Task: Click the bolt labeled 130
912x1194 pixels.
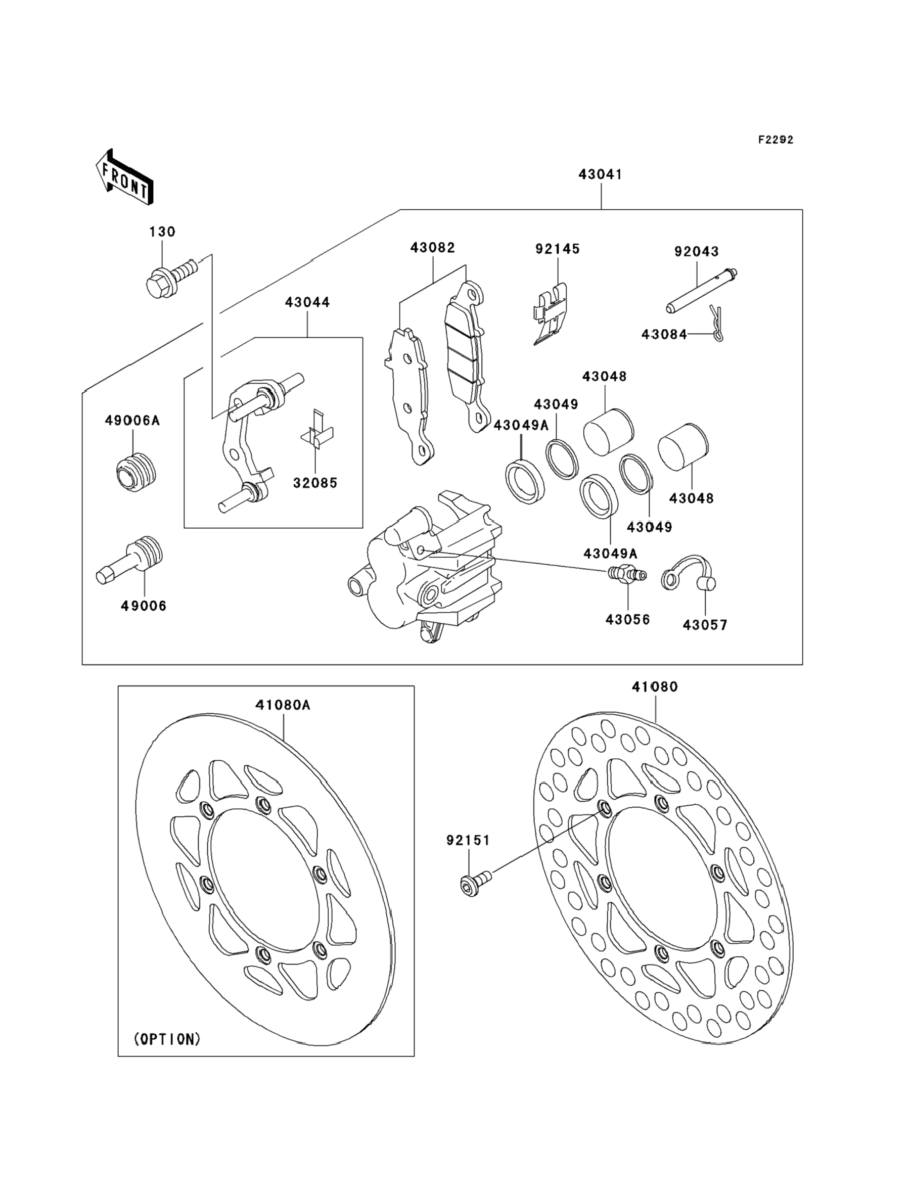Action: point(168,278)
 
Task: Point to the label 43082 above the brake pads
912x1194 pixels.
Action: point(433,248)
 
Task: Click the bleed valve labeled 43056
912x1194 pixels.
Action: point(627,574)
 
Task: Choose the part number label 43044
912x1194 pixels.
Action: point(307,302)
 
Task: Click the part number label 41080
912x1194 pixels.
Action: point(655,687)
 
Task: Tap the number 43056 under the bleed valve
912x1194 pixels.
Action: point(627,619)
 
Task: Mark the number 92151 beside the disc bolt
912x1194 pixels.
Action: point(468,840)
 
